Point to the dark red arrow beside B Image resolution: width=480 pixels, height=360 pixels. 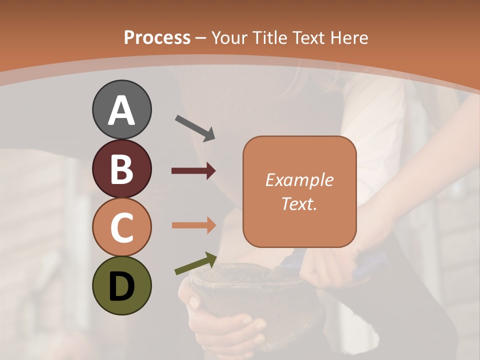click(193, 171)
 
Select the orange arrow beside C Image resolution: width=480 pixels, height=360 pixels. click(193, 225)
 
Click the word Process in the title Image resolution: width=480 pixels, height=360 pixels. click(157, 38)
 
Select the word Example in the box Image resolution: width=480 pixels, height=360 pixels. click(299, 180)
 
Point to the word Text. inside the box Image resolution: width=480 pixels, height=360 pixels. click(299, 203)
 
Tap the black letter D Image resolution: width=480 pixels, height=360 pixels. click(122, 286)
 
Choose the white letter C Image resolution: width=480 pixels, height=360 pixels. click(122, 227)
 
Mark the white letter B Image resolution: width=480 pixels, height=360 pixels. click(122, 169)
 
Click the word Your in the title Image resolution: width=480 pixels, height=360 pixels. click(229, 38)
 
